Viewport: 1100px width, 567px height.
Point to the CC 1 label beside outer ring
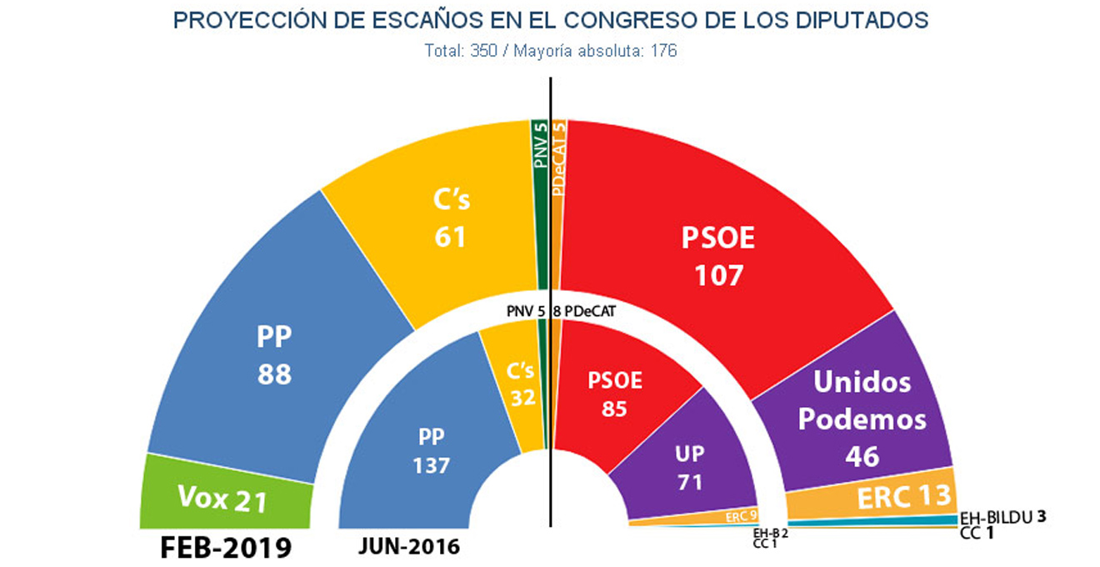(x=976, y=531)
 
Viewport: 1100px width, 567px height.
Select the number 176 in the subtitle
(x=663, y=51)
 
